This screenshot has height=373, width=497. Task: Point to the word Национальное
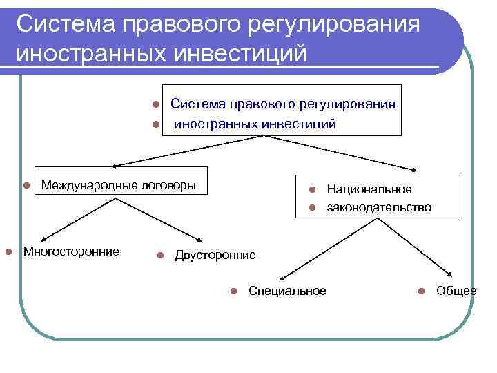pyautogui.click(x=369, y=189)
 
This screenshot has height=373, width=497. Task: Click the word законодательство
pyautogui.click(x=379, y=207)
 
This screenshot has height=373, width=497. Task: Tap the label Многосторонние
pyautogui.click(x=71, y=251)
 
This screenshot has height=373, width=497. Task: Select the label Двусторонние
pyautogui.click(x=215, y=255)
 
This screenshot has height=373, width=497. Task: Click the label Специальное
pyautogui.click(x=287, y=291)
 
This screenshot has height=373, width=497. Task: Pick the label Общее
pyautogui.click(x=456, y=291)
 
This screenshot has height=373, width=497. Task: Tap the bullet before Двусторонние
pyautogui.click(x=160, y=256)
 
